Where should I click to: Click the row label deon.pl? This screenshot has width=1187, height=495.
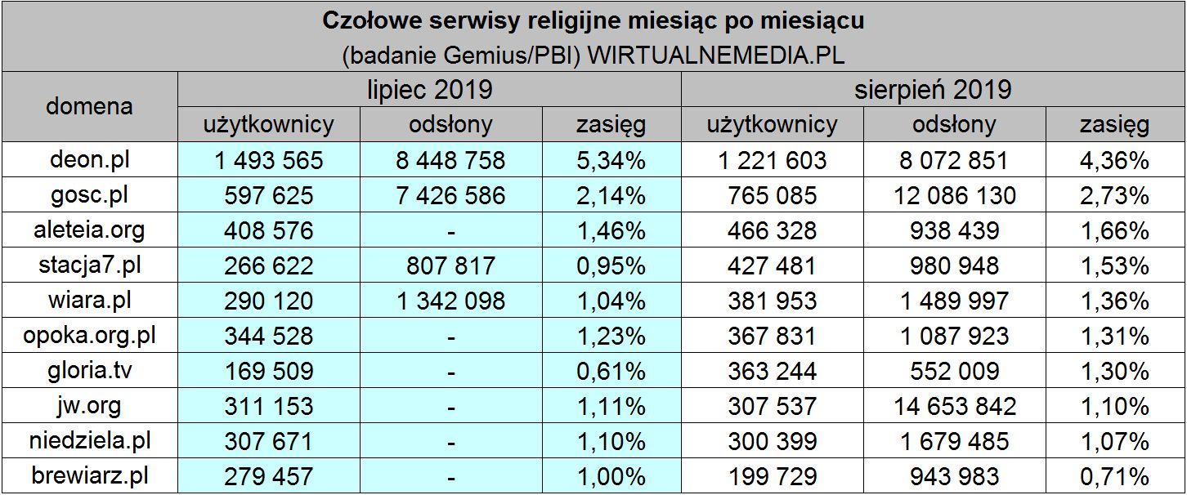(x=90, y=160)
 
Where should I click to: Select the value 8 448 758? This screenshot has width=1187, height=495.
(x=450, y=160)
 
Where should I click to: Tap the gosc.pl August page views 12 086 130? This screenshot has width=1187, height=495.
(x=955, y=195)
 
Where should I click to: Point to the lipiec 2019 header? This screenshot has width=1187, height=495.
(x=429, y=89)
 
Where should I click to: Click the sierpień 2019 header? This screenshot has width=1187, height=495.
(x=933, y=89)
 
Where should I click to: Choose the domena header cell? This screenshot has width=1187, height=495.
(x=90, y=106)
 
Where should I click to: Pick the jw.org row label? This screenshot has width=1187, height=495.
(x=90, y=405)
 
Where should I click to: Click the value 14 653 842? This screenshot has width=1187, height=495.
(x=955, y=405)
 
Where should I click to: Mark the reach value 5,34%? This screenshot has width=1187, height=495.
(x=611, y=160)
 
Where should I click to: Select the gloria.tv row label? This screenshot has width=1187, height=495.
(x=90, y=370)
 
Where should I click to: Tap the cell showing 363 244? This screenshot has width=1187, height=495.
(x=772, y=371)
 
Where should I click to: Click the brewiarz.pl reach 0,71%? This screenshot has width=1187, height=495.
(x=1114, y=475)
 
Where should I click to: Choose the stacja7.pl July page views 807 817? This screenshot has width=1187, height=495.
(x=450, y=265)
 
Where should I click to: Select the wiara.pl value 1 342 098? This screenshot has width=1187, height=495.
(x=450, y=301)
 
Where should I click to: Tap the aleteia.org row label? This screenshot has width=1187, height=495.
(x=90, y=230)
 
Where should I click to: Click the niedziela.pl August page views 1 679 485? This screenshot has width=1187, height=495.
(x=955, y=441)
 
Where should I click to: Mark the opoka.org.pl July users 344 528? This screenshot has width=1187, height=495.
(x=268, y=336)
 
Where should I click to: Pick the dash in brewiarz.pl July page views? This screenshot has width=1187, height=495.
(x=450, y=477)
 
